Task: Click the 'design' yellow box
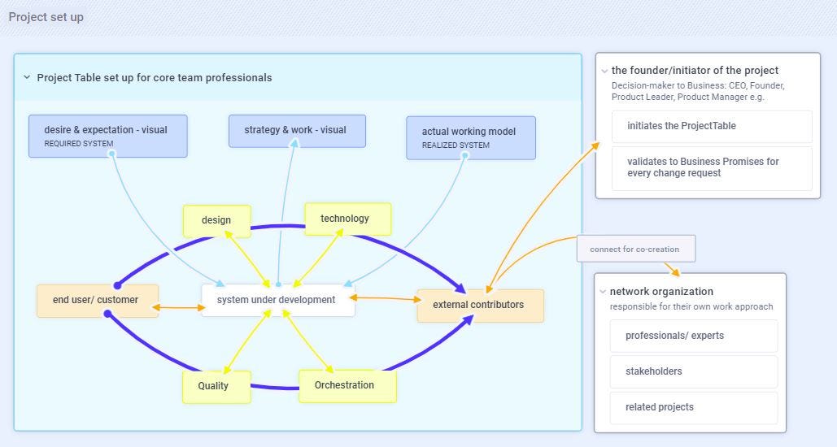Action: click(x=216, y=220)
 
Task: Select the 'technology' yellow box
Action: click(x=347, y=219)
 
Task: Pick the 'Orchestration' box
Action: click(x=347, y=385)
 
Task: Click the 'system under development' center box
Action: click(x=277, y=300)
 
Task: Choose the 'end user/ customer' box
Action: click(x=97, y=300)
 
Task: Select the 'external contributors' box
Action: click(x=479, y=305)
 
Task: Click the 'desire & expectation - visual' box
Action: click(x=107, y=136)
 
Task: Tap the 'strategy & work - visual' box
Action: click(x=296, y=130)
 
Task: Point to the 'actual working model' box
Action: click(x=470, y=137)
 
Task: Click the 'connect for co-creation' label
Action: click(x=635, y=249)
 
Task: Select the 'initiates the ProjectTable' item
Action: click(x=711, y=126)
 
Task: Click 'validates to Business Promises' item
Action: click(x=711, y=167)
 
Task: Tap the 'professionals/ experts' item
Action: click(x=693, y=336)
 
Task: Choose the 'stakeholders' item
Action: click(x=693, y=371)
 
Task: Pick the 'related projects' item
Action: click(x=693, y=407)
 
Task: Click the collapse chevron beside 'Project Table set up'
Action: click(x=27, y=78)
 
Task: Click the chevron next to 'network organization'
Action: click(x=603, y=292)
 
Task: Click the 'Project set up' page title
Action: click(x=46, y=17)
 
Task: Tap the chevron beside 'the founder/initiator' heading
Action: click(x=604, y=71)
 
